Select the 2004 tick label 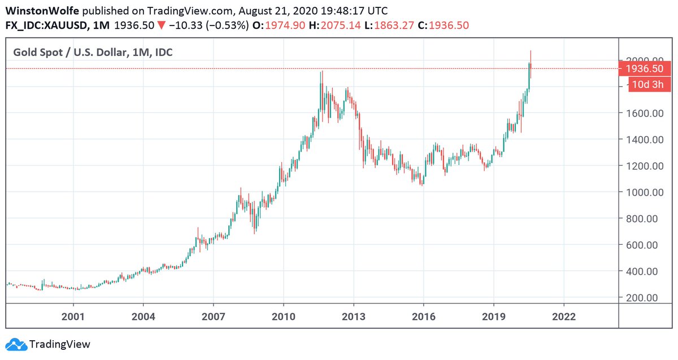pyautogui.click(x=143, y=316)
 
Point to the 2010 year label pyautogui.click(x=283, y=316)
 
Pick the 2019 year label pyautogui.click(x=493, y=316)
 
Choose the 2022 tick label pyautogui.click(x=563, y=316)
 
